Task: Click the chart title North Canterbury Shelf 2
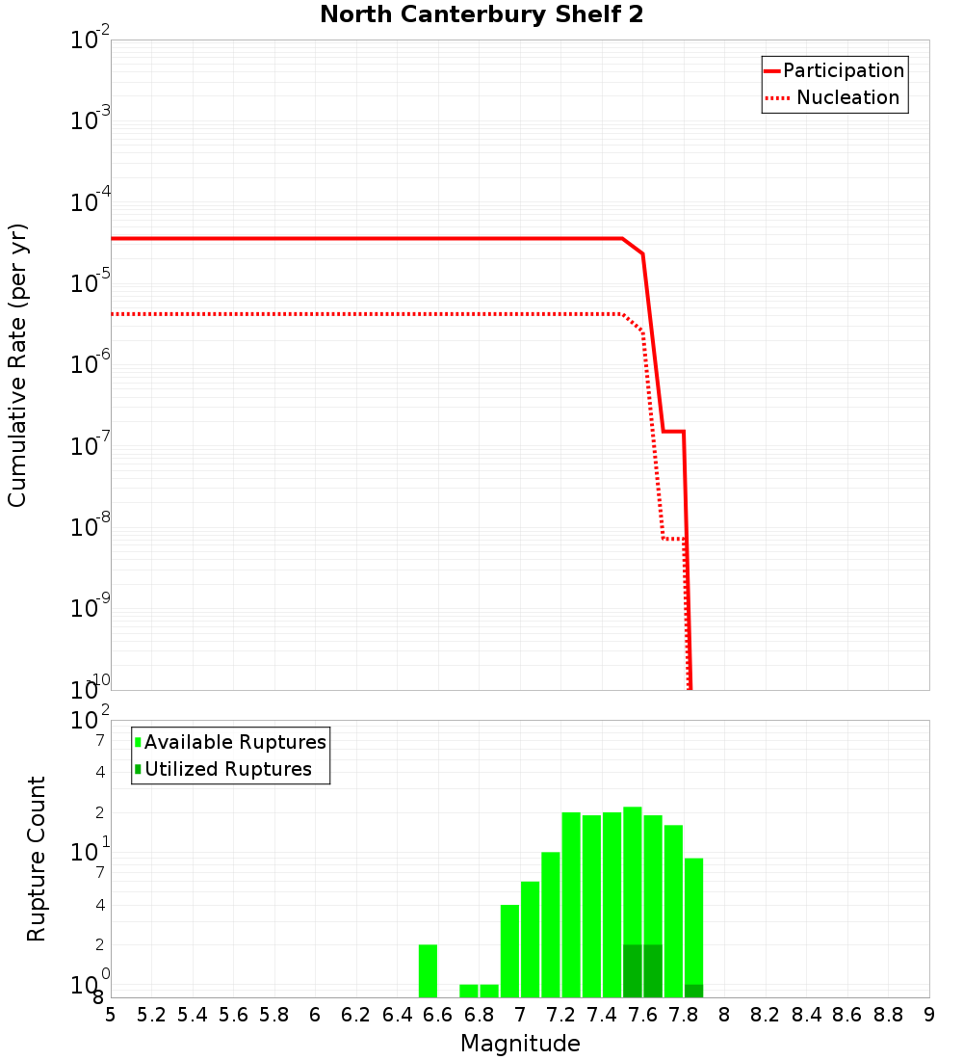click(x=481, y=15)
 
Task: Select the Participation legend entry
click(x=843, y=70)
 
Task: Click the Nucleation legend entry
click(x=847, y=97)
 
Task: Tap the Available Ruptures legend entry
click(x=235, y=742)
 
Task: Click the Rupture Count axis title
click(x=37, y=858)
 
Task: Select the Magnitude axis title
click(x=520, y=1044)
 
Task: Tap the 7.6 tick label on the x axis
click(x=642, y=1015)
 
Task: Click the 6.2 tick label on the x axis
click(x=355, y=1015)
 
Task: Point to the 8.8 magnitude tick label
click(x=888, y=1015)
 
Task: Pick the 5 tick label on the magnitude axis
click(x=111, y=1015)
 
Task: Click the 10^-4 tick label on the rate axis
click(x=90, y=202)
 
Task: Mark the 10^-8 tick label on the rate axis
click(x=90, y=527)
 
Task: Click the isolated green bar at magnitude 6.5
click(x=428, y=970)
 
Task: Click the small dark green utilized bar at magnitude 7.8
click(x=693, y=991)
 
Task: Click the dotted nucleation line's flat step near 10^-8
click(x=673, y=538)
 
